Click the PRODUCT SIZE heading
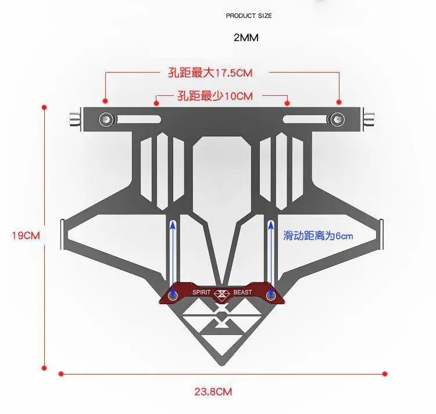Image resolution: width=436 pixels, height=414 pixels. tap(248, 16)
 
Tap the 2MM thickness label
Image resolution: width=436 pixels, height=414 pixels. tap(246, 38)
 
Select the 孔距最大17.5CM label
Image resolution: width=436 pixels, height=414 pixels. tap(206, 73)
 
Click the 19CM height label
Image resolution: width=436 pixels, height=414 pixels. tap(26, 236)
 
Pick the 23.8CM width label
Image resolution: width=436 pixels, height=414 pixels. tap(213, 391)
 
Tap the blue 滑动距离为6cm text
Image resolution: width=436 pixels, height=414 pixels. tap(318, 236)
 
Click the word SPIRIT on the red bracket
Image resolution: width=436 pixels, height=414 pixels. tap(201, 292)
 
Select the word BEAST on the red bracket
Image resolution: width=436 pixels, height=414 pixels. tap(242, 292)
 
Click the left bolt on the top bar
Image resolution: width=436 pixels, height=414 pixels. tap(106, 119)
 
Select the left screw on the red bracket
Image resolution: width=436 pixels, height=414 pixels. tap(173, 296)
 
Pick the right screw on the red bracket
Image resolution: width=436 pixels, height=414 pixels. tap(270, 296)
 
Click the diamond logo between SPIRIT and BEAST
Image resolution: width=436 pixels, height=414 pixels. tap(221, 293)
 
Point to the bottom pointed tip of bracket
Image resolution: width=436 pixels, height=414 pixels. tap(221, 364)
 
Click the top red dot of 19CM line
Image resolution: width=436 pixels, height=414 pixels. tap(44, 107)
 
